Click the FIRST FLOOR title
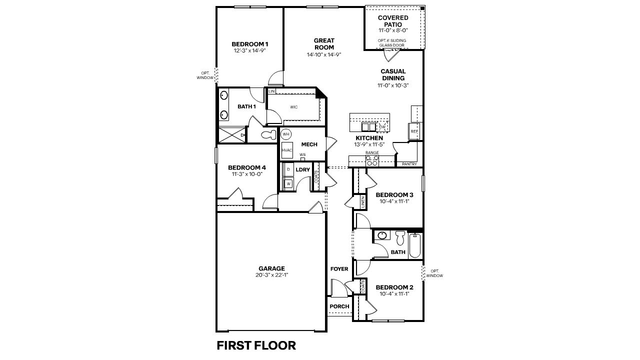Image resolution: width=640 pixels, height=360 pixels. tap(256, 345)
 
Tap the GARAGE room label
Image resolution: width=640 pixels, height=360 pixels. tap(271, 268)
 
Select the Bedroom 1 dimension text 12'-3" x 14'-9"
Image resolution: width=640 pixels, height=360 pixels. tap(249, 50)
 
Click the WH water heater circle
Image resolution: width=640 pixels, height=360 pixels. tap(286, 134)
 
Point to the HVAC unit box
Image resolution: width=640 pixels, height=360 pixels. tap(286, 150)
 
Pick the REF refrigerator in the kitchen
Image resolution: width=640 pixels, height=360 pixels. tap(414, 131)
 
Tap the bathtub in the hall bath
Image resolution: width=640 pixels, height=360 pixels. tap(415, 245)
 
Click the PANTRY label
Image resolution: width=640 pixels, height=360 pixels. tap(409, 164)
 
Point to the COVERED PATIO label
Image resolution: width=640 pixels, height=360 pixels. tap(393, 21)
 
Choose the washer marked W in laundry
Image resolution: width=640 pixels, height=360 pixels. tap(288, 183)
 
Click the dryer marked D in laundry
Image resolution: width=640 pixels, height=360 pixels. tap(288, 169)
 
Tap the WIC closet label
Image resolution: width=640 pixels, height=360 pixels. tap(294, 106)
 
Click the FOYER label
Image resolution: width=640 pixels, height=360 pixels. tap(339, 269)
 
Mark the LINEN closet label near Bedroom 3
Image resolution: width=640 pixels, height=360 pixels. tap(363, 202)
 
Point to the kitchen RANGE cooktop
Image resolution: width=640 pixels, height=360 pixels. tap(372, 160)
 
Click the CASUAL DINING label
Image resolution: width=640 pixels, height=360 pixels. tap(393, 74)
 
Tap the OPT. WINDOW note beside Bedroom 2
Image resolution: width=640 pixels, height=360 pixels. tap(434, 273)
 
